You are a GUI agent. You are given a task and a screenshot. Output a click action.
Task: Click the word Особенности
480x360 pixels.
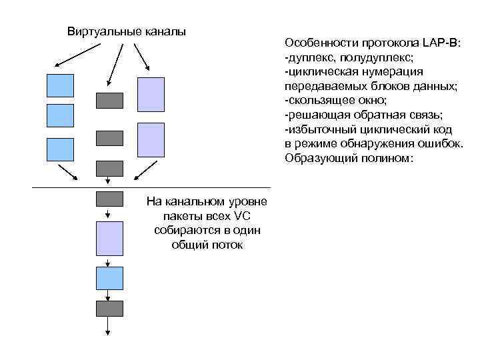click(x=316, y=43)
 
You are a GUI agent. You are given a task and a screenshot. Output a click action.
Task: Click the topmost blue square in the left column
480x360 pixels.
click(x=60, y=85)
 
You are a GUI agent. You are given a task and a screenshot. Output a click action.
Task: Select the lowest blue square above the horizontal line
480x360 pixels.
click(x=60, y=149)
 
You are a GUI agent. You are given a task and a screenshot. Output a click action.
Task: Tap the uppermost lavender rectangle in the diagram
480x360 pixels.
click(x=150, y=94)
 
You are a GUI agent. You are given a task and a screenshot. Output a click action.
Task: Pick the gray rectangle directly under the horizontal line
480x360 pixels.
click(x=110, y=198)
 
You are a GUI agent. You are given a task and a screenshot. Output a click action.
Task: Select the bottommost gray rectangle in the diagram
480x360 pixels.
click(x=110, y=308)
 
